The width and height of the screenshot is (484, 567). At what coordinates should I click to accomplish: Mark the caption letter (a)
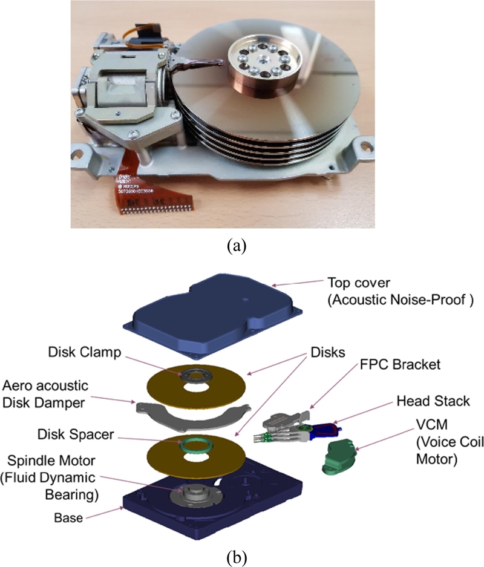(235, 246)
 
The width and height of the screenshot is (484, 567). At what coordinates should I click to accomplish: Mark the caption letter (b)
(235, 554)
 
